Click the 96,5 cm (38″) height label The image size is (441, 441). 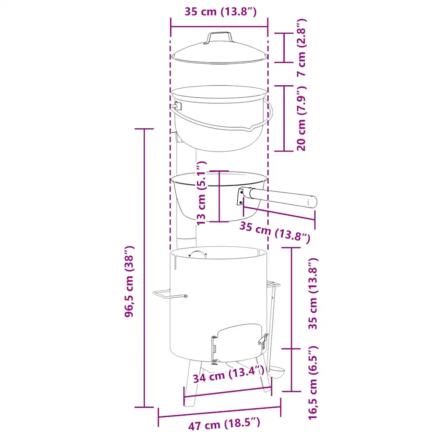click(129, 282)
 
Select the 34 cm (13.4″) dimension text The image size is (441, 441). click(228, 375)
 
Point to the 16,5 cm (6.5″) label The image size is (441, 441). click(313, 383)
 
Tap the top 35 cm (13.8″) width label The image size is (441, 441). click(220, 12)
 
